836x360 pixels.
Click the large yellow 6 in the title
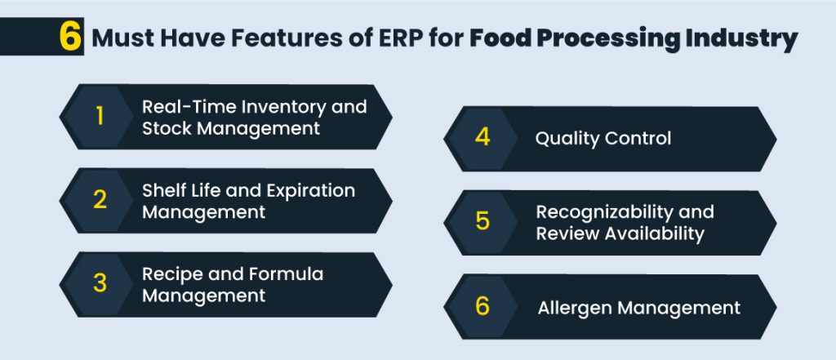[71, 38]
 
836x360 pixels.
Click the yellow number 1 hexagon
[100, 117]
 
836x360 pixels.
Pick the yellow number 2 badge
[100, 200]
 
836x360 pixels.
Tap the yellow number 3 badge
[100, 283]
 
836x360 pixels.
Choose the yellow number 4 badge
[482, 138]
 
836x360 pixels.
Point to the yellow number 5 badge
[482, 222]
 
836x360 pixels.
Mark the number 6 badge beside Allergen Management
[482, 306]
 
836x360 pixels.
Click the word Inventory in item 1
[283, 106]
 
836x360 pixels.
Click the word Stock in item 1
[167, 128]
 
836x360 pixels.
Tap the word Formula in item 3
[289, 273]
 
